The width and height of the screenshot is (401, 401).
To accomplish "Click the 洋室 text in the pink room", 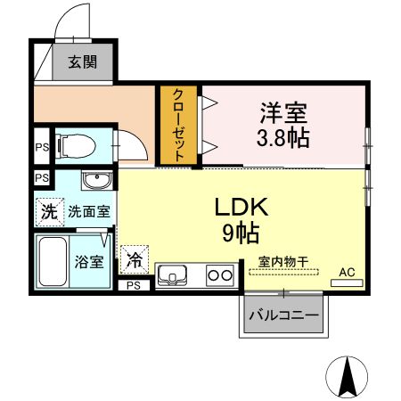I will coord(283,113).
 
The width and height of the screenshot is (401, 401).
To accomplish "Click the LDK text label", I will coord(241,207).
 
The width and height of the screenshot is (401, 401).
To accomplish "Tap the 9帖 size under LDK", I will coord(241,233).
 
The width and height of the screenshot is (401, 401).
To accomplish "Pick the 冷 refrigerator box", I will coord(134,260).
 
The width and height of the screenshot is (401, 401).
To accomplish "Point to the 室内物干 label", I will coord(282,261).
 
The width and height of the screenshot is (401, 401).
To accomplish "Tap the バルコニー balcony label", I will coord(282,315).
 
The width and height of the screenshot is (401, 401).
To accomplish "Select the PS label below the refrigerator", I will coord(134,286).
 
